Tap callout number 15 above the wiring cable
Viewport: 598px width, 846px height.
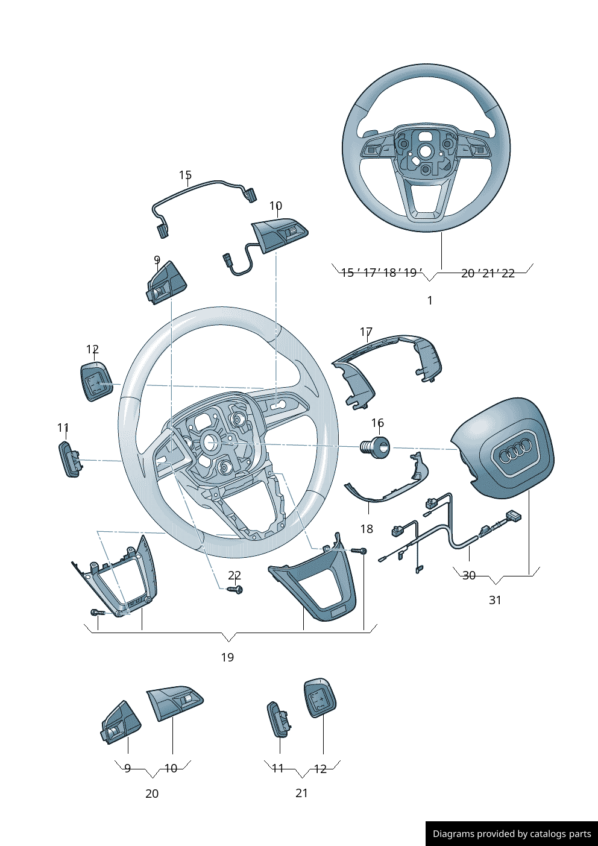pyautogui.click(x=185, y=175)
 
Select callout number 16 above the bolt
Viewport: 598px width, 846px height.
pyautogui.click(x=377, y=423)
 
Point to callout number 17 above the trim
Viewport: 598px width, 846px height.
pyautogui.click(x=366, y=332)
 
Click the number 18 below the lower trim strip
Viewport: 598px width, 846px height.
pyautogui.click(x=367, y=529)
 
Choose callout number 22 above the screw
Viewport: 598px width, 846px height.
pyautogui.click(x=234, y=576)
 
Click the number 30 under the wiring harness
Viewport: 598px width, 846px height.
pyautogui.click(x=469, y=576)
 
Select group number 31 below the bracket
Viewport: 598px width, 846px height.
pyautogui.click(x=495, y=600)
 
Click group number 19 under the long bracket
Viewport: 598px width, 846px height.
pyautogui.click(x=227, y=657)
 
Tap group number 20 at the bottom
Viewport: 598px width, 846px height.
pyautogui.click(x=152, y=794)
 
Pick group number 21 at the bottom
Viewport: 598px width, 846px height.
pyautogui.click(x=302, y=794)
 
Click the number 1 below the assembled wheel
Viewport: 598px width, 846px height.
pyautogui.click(x=430, y=300)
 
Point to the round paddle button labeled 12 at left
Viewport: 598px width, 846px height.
pyautogui.click(x=96, y=382)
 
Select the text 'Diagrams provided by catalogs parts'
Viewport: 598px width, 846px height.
pyautogui.click(x=512, y=834)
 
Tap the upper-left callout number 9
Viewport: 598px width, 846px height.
pyautogui.click(x=157, y=260)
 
